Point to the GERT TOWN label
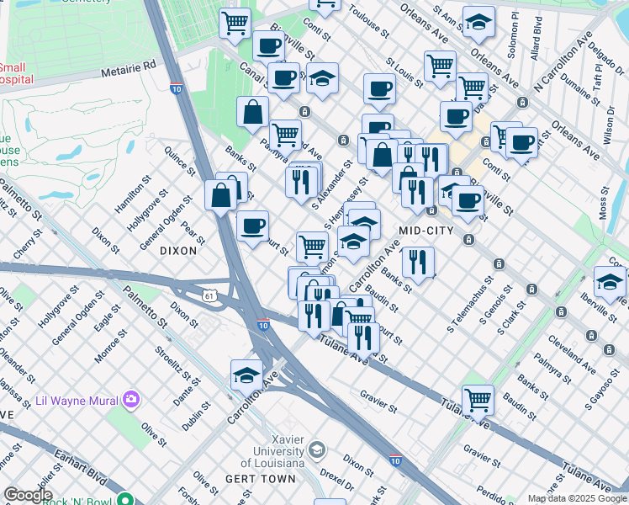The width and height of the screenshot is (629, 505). point(261,479)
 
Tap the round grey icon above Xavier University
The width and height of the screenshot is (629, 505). point(316,449)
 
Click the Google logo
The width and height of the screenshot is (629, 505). point(28,494)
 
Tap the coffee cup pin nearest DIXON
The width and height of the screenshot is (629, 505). point(252,226)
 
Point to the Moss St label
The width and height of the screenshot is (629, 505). point(603,205)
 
